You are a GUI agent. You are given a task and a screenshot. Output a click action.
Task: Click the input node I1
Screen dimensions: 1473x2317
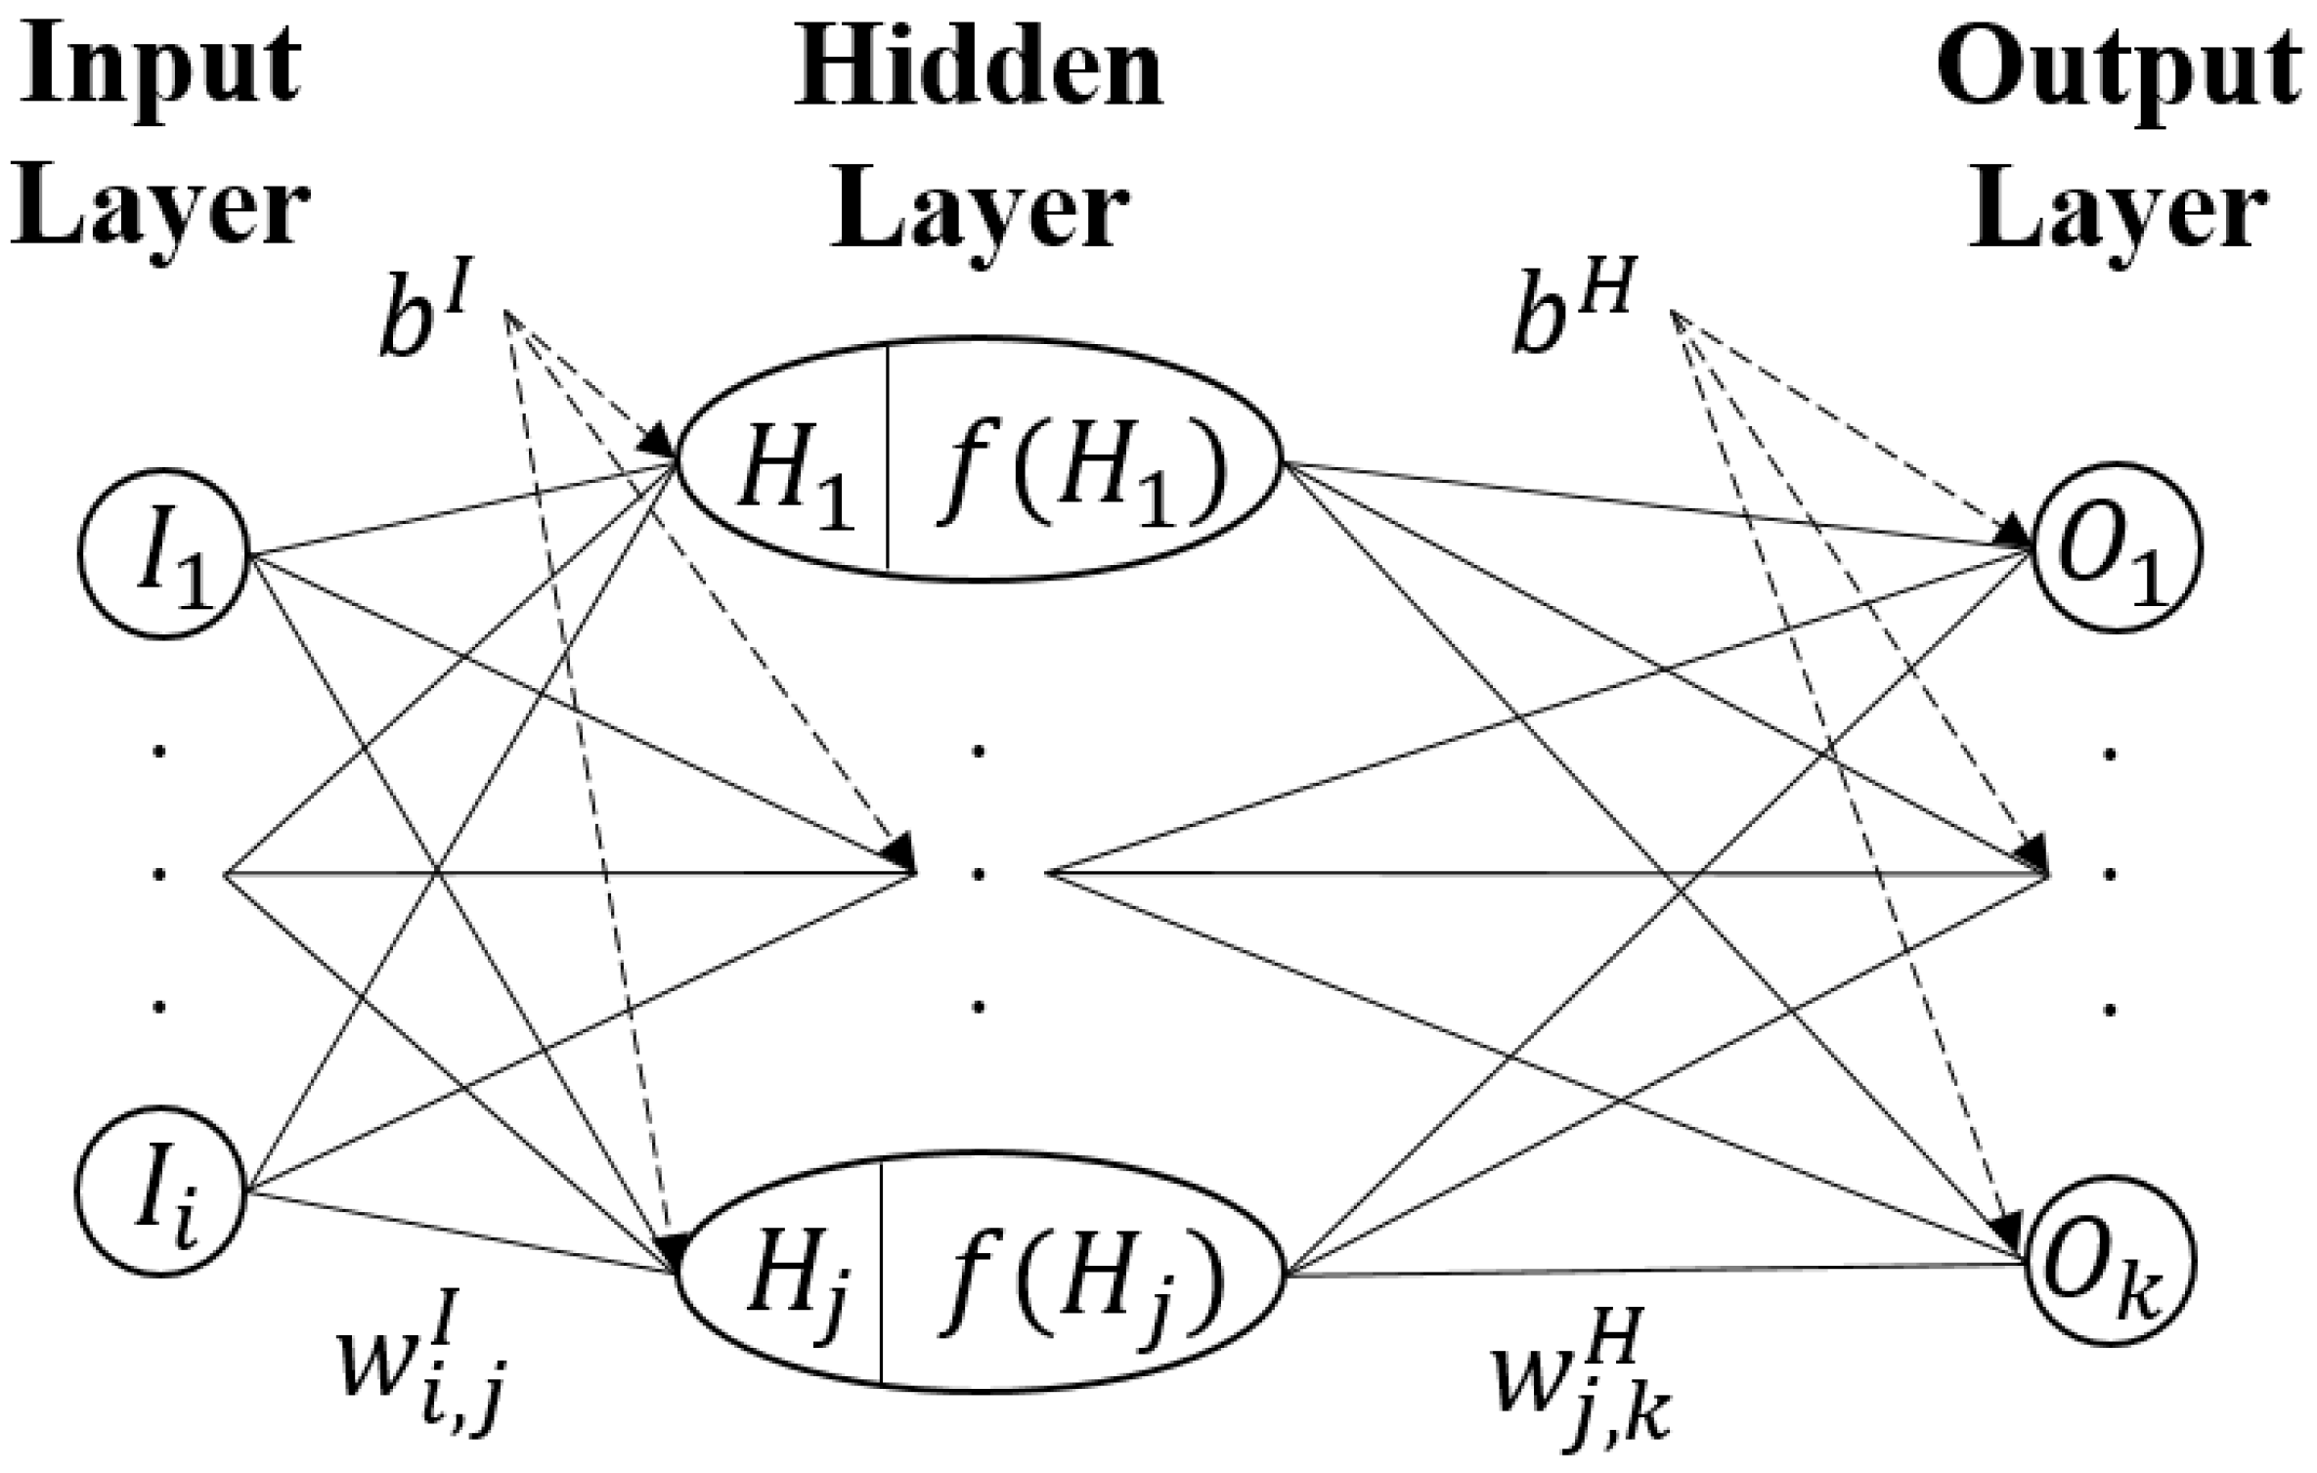coord(164,555)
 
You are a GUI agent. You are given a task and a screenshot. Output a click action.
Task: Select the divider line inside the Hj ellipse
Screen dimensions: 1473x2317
coord(882,1271)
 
